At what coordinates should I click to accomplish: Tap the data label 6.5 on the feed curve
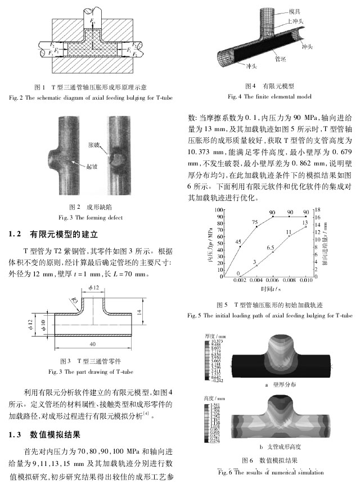pyautogui.click(x=270, y=248)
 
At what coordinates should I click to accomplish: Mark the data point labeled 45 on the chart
pyautogui.click(x=241, y=246)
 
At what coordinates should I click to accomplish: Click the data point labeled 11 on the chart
pyautogui.click(x=289, y=236)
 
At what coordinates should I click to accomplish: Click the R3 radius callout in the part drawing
pyautogui.click(x=73, y=301)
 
